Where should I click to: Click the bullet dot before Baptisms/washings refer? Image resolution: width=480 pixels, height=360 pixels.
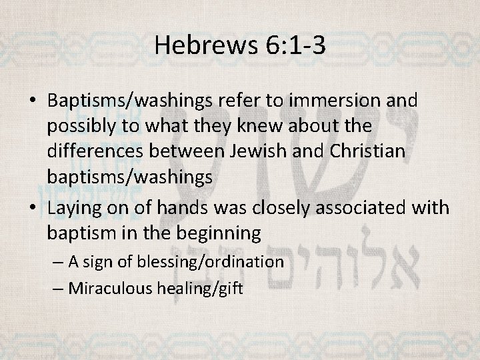[x=33, y=102]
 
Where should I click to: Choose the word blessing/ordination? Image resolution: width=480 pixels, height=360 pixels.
[x=210, y=261]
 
